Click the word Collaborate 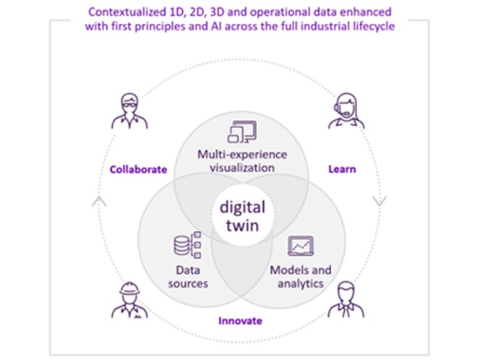coord(138,170)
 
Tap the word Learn coord(341,170)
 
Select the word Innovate coord(239,320)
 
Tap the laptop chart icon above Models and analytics coord(300,247)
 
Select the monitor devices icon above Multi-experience coord(239,132)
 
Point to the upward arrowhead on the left coord(95,200)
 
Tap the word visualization coord(239,168)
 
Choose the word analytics coord(301,283)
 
